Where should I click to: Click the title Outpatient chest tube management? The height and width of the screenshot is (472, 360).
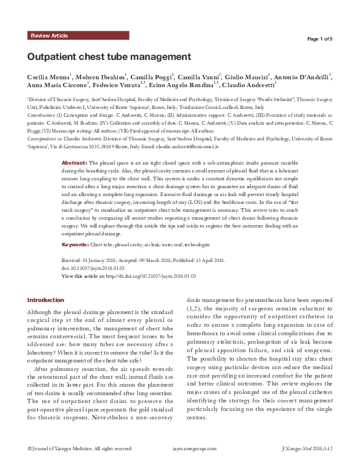109,57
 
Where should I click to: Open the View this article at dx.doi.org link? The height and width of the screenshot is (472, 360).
129,275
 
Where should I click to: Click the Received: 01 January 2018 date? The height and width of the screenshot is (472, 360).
92,260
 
